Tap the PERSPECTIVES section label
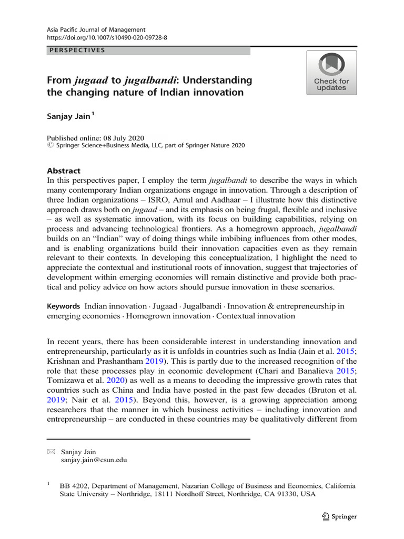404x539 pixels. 77,51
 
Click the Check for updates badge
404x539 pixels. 331,73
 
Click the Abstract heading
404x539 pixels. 64,171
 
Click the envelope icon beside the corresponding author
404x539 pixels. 51,452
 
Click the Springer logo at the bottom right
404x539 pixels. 339,516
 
